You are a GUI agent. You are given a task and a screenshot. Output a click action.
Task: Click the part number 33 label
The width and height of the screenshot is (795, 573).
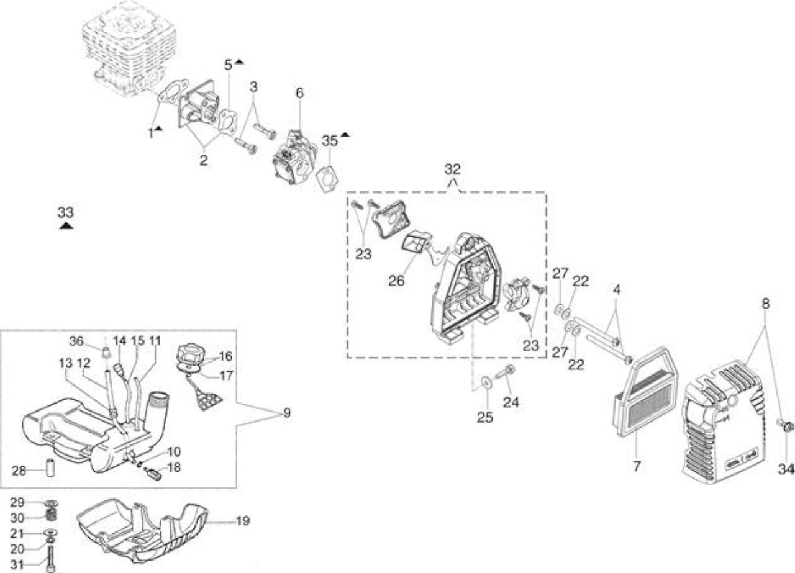66,212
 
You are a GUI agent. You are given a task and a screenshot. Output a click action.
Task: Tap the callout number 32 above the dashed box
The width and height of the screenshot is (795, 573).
452,169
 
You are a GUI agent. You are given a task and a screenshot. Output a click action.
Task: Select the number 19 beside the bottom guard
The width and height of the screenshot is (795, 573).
243,521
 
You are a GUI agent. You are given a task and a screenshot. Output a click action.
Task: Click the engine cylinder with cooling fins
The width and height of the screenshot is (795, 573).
128,46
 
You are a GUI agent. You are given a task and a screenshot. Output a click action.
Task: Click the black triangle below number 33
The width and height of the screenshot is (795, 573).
66,226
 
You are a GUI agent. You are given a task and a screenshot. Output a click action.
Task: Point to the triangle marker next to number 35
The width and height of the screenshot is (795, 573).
345,135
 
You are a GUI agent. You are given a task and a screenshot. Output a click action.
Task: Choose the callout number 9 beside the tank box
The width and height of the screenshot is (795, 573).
287,413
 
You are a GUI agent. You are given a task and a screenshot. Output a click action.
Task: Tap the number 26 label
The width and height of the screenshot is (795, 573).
396,281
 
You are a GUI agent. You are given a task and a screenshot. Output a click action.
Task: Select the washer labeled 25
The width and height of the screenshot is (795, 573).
485,382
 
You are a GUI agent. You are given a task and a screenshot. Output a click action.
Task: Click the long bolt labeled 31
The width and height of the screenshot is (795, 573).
52,560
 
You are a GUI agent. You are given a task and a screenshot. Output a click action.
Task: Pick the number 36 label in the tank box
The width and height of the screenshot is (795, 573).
76,341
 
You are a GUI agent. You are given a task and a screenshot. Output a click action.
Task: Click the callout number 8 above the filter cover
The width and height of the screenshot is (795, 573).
766,304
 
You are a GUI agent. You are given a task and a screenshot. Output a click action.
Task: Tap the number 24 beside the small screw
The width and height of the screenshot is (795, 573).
511,402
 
